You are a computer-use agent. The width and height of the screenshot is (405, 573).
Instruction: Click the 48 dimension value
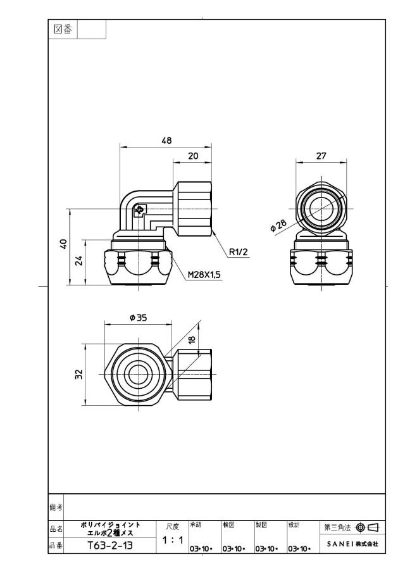(166, 141)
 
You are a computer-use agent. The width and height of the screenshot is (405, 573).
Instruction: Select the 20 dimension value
(193, 156)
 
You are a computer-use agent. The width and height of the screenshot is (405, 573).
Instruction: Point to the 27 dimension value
(321, 156)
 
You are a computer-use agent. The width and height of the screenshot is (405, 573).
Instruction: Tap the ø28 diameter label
(278, 225)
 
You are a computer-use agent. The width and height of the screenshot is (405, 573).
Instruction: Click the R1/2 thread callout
(239, 252)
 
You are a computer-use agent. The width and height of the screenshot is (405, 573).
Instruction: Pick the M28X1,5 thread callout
(204, 275)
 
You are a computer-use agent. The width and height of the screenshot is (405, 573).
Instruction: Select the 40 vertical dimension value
(63, 244)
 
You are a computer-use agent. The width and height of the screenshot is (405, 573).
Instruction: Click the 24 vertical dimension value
(79, 261)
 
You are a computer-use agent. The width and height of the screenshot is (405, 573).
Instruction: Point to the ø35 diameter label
(138, 318)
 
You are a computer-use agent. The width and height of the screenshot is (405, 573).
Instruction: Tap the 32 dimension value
(79, 375)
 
